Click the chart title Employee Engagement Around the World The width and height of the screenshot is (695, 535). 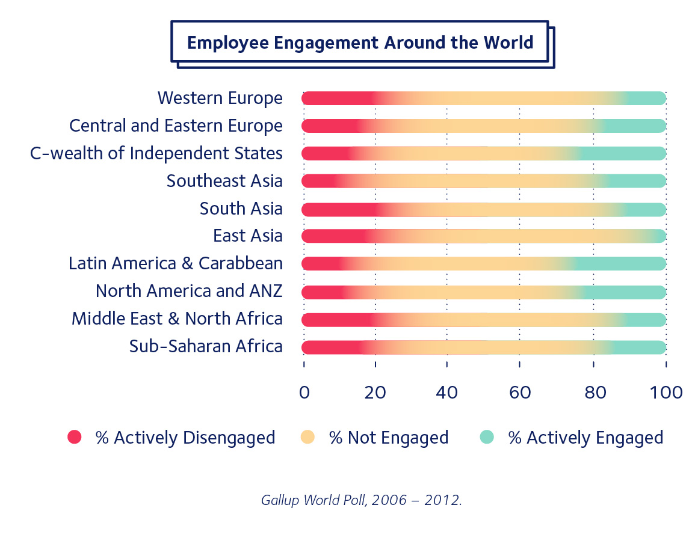pos(360,43)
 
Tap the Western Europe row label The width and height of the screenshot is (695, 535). pos(220,98)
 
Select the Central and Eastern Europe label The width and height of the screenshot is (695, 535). pos(176,126)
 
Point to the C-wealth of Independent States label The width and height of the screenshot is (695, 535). pos(156,153)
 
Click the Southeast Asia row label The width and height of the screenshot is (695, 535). pos(224,181)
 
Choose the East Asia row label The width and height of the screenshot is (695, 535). pos(247,236)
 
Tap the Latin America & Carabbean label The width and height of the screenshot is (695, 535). pos(175,263)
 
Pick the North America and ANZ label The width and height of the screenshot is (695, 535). pos(189,291)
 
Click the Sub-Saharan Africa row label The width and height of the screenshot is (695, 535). pos(206,346)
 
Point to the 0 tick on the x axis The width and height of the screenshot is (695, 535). pos(304,393)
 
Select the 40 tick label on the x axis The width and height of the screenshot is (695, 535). pos(447,393)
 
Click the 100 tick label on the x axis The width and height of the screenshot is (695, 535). pos(666,393)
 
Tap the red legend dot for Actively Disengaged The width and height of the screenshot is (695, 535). pos(74,438)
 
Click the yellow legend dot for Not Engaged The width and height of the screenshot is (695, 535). pos(307,438)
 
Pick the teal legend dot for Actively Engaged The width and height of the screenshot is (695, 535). pos(487,438)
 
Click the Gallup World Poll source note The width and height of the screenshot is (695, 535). pos(361,500)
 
